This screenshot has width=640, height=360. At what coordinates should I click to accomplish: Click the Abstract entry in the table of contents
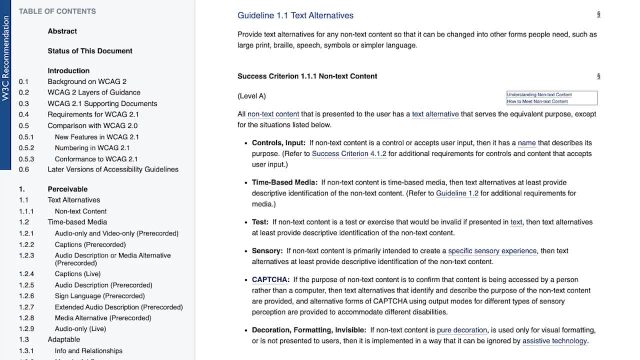(x=62, y=31)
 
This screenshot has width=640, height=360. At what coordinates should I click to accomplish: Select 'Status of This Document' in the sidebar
(x=90, y=51)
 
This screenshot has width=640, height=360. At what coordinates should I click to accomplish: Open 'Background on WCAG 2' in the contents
(x=87, y=81)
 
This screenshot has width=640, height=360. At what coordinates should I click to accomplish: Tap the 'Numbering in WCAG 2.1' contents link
(x=92, y=148)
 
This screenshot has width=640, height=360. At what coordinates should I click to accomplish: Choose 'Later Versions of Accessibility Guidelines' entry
(x=113, y=169)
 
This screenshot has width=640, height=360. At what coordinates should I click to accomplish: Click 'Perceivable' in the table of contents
(x=67, y=189)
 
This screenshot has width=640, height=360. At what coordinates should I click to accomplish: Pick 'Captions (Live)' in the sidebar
(x=77, y=274)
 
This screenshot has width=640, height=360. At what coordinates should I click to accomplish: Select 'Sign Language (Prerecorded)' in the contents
(x=99, y=296)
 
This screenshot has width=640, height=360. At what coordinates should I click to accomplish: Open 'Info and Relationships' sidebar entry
(x=88, y=351)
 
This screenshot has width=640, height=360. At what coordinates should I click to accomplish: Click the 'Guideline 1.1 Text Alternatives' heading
(x=295, y=15)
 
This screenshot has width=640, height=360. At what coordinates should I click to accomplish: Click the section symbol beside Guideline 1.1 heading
(x=598, y=14)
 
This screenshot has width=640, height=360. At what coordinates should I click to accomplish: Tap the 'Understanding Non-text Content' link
(x=539, y=94)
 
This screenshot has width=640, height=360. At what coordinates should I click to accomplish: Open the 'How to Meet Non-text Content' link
(x=537, y=101)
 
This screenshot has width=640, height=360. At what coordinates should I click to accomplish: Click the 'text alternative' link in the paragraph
(x=435, y=114)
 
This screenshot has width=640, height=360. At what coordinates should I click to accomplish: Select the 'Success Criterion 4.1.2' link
(x=349, y=153)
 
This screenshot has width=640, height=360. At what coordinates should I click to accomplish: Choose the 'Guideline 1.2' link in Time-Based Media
(x=457, y=193)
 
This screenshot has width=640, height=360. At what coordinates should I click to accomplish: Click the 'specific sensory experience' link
(x=492, y=251)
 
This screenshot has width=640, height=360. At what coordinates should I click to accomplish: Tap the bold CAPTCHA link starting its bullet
(x=269, y=279)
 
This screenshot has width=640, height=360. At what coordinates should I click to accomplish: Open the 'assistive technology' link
(x=554, y=341)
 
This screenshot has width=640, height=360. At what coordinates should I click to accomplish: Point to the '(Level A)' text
(x=251, y=96)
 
